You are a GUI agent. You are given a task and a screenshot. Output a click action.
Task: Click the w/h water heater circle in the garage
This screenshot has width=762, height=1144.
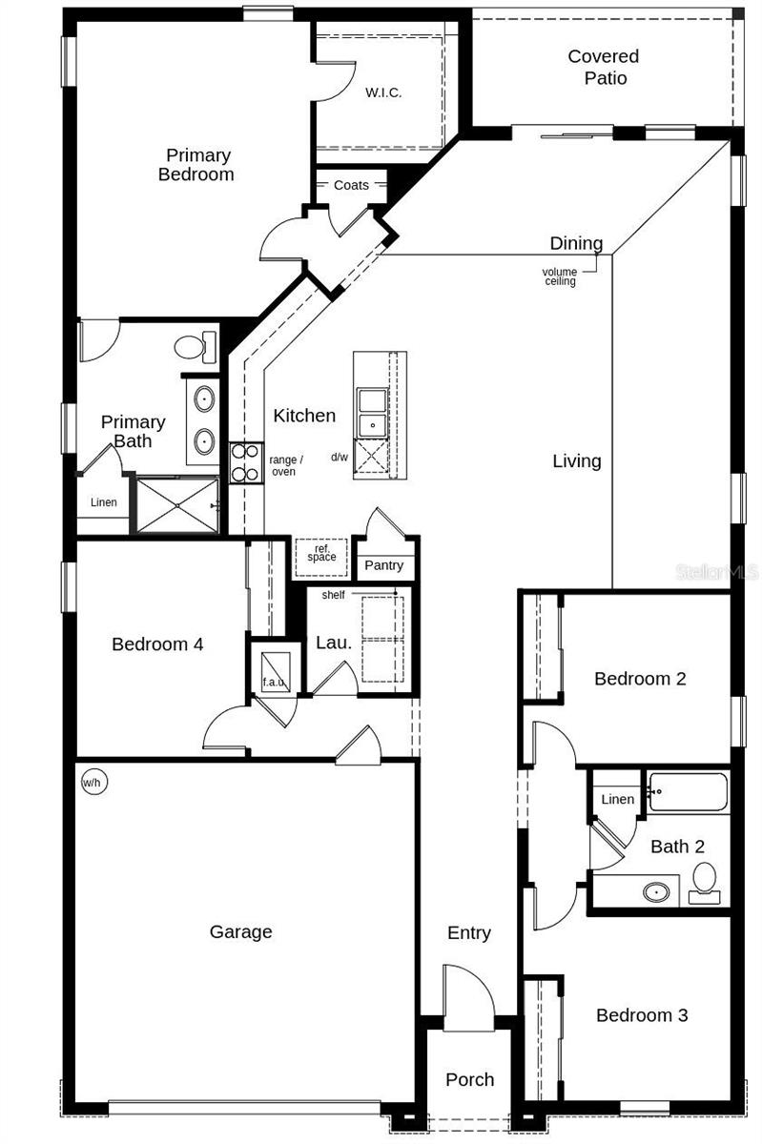pyautogui.click(x=93, y=783)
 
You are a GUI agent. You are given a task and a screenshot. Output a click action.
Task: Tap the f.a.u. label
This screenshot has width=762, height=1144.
pyautogui.click(x=273, y=683)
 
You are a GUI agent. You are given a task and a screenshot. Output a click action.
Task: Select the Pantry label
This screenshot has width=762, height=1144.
pyautogui.click(x=384, y=565)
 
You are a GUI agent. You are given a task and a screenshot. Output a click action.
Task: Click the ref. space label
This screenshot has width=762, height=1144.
pyautogui.click(x=321, y=554)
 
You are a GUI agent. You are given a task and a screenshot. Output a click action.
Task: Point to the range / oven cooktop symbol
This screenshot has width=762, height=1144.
pyautogui.click(x=245, y=461)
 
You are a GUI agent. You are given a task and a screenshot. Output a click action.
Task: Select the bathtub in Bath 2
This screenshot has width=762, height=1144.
pyautogui.click(x=688, y=791)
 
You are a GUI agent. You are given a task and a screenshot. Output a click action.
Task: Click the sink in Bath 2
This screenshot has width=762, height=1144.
pyautogui.click(x=655, y=893)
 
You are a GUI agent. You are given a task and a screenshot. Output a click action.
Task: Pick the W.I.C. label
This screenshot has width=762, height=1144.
pyautogui.click(x=383, y=92)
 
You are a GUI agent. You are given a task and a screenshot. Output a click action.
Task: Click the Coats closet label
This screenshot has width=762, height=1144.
pyautogui.click(x=351, y=185)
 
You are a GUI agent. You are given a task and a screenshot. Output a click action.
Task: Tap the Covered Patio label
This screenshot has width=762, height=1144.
pyautogui.click(x=604, y=67)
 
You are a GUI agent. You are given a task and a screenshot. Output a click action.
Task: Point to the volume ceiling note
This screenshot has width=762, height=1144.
pyautogui.click(x=560, y=276)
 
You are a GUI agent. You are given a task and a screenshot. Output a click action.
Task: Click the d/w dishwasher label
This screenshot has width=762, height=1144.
pyautogui.click(x=340, y=457)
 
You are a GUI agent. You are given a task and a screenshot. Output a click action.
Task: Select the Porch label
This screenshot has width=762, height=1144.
pyautogui.click(x=470, y=1079)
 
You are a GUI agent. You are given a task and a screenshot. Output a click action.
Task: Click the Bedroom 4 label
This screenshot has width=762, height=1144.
pyautogui.click(x=157, y=644)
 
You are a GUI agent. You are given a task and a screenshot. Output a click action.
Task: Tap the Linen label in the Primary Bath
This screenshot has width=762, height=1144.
pyautogui.click(x=104, y=502)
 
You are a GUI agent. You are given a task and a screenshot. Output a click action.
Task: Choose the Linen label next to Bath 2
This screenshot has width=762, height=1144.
pyautogui.click(x=617, y=799)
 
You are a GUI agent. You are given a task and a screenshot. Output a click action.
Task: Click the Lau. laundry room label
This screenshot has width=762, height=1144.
pyautogui.click(x=334, y=643)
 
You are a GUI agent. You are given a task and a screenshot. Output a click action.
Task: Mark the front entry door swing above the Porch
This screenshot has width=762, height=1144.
pyautogui.click(x=469, y=996)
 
